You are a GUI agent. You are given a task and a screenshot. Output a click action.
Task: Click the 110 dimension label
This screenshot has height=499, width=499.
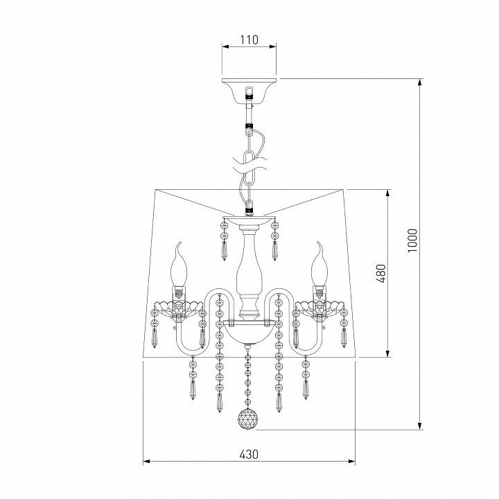tap(249, 40)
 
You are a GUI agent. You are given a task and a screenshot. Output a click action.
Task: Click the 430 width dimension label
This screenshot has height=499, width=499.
tap(249, 455)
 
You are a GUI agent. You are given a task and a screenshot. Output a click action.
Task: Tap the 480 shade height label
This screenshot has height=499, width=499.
tap(381, 273)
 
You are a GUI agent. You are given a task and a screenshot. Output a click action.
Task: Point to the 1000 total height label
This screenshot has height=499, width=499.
tap(412, 240)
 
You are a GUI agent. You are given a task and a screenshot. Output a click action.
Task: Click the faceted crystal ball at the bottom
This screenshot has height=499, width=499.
tap(248, 419)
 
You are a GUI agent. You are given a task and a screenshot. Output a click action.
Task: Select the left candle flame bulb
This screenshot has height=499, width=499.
tap(179, 265)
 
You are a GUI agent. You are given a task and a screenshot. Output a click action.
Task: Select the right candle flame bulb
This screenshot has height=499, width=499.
tap(319, 264)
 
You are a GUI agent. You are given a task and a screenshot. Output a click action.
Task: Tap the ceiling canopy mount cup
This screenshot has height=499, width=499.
tap(249, 91)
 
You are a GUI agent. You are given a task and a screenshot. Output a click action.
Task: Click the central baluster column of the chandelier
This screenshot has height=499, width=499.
tap(249, 274)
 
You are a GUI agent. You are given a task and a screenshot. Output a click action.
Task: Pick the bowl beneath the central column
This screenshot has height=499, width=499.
tap(249, 333)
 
